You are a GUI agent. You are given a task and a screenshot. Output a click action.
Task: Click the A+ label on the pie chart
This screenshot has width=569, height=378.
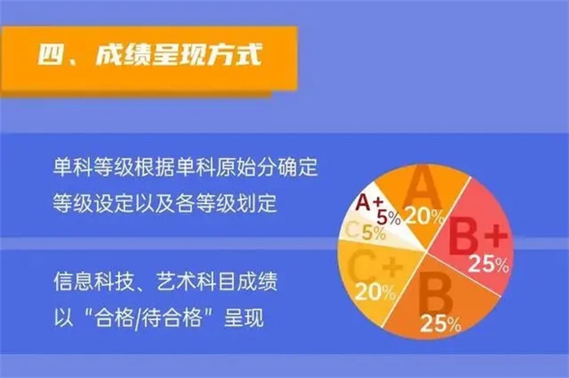coord(369,202)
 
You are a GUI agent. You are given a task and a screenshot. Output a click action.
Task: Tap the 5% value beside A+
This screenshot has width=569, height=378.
coord(389,217)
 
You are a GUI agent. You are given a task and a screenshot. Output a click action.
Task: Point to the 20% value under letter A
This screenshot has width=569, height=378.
coord(424,216)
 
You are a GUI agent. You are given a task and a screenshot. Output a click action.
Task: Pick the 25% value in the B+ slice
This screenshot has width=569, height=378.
coord(489,263)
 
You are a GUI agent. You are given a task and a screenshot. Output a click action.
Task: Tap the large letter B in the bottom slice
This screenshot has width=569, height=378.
coord(435,294)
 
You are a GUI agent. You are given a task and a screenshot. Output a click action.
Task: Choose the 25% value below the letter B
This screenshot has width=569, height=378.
coord(441,324)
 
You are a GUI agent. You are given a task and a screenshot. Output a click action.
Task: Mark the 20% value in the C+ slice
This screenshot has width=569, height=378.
coord(376,292)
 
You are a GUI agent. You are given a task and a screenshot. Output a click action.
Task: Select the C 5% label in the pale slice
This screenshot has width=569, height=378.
coord(365,232)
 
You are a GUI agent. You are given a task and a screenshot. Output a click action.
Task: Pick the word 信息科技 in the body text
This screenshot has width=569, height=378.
coord(93,281)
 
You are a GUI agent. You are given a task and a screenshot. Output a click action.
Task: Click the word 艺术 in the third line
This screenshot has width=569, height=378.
coord(176,281)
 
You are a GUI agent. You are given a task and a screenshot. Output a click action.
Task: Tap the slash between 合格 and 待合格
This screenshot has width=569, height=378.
coord(137,318)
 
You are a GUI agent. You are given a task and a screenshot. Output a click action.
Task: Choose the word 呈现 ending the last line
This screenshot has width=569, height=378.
coord(244,317)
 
